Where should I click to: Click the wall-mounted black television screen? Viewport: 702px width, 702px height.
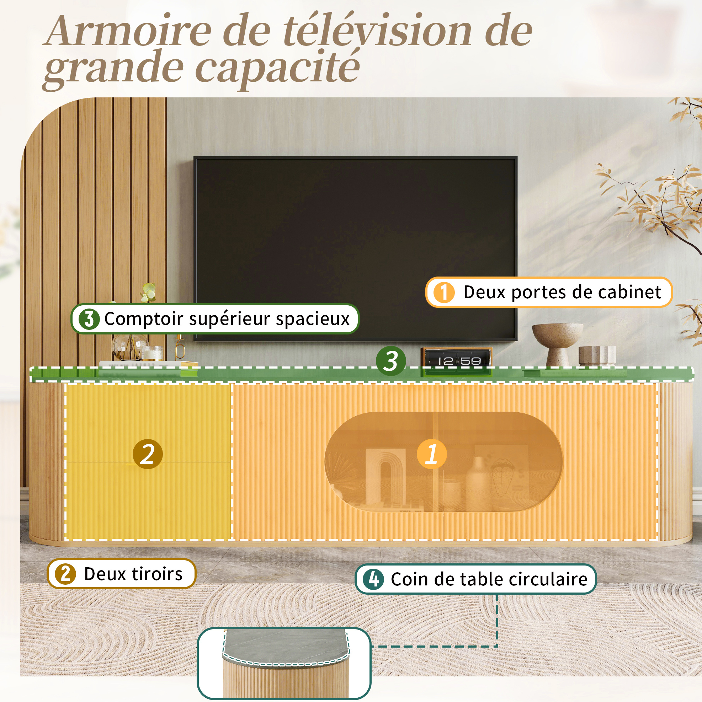click(355, 248)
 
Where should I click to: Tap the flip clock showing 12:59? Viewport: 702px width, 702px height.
click(457, 361)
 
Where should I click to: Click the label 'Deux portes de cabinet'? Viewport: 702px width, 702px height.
click(562, 292)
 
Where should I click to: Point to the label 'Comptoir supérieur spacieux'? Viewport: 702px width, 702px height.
click(227, 319)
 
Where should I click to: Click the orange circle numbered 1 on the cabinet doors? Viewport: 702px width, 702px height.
click(431, 454)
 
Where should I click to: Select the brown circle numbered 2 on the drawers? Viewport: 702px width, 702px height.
click(148, 454)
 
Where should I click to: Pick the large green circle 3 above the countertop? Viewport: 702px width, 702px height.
click(391, 361)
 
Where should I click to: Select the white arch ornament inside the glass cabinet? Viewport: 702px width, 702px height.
click(385, 476)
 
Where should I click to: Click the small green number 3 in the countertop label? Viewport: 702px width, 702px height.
click(89, 319)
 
